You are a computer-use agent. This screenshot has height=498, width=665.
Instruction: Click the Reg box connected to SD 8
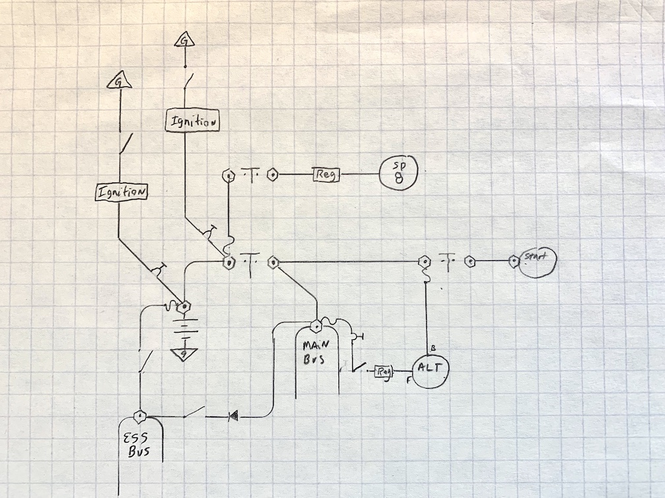[326, 175]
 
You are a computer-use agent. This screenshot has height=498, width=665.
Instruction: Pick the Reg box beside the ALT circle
[384, 372]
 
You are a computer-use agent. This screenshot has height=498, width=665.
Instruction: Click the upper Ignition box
[193, 121]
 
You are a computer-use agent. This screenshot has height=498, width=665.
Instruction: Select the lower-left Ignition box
[121, 192]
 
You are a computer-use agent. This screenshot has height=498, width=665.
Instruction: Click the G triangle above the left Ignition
[119, 82]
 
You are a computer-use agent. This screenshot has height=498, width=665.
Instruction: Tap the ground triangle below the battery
[181, 354]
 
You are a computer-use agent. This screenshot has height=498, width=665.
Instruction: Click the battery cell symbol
[185, 327]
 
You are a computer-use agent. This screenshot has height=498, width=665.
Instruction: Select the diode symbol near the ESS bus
[232, 416]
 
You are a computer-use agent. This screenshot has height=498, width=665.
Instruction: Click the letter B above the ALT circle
[432, 347]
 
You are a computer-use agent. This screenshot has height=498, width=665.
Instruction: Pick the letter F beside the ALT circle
[408, 381]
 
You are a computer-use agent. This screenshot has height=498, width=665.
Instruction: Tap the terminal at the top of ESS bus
[140, 416]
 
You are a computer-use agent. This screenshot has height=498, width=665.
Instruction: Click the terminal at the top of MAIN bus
[315, 324]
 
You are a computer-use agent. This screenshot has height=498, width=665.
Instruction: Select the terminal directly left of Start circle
[512, 262]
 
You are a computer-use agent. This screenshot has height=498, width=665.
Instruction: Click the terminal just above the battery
[183, 306]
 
